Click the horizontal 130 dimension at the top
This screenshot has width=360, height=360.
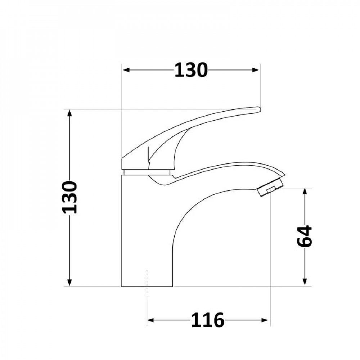[191, 70]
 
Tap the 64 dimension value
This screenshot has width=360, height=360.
[305, 237]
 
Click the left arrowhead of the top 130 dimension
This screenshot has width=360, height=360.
[126, 70]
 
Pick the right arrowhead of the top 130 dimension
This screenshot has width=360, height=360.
[256, 70]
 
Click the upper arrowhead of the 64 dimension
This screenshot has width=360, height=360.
[305, 191]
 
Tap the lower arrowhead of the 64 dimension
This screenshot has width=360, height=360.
[305, 283]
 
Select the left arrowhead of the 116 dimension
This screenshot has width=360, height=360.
[150, 320]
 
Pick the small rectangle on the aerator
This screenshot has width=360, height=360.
[270, 190]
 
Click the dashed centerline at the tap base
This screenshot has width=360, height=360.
[147, 284]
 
